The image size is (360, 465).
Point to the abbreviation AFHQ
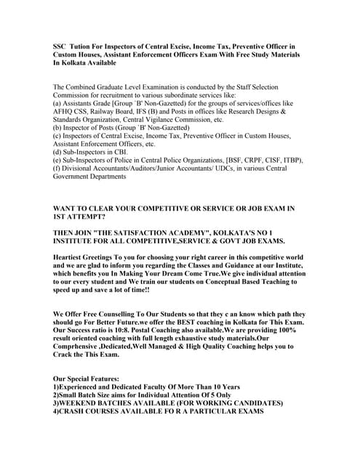click(x=66, y=113)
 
